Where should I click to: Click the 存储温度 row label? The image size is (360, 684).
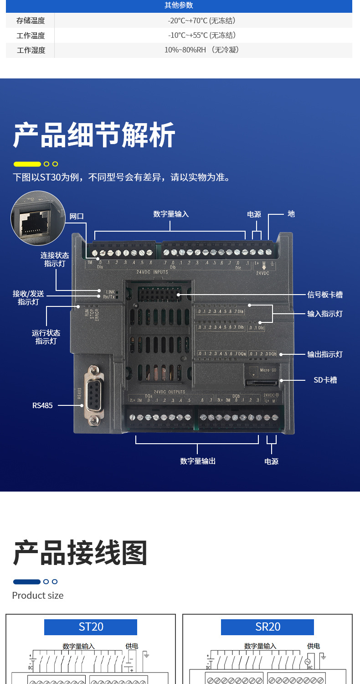[x=31, y=21]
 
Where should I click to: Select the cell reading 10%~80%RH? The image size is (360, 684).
[x=201, y=50]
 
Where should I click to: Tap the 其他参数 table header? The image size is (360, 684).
[x=179, y=5]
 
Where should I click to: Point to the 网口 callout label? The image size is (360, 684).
[x=77, y=216]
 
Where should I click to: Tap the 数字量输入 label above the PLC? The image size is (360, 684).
[x=171, y=214]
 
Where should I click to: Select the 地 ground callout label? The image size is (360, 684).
[x=291, y=213]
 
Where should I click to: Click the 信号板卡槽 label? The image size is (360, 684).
[x=325, y=295]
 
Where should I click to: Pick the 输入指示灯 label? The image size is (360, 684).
[x=325, y=314]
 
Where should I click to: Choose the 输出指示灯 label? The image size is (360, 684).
[x=325, y=354]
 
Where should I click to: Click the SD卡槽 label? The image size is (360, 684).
[x=325, y=380]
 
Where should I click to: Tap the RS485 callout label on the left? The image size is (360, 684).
[x=42, y=405]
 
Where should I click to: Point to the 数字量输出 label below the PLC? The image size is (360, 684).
[x=198, y=461]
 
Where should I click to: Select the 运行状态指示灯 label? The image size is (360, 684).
[x=46, y=337]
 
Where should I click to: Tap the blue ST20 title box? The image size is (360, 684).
[x=91, y=627]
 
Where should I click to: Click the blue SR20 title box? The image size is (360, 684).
[x=267, y=627]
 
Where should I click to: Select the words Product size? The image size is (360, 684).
[x=38, y=595]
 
